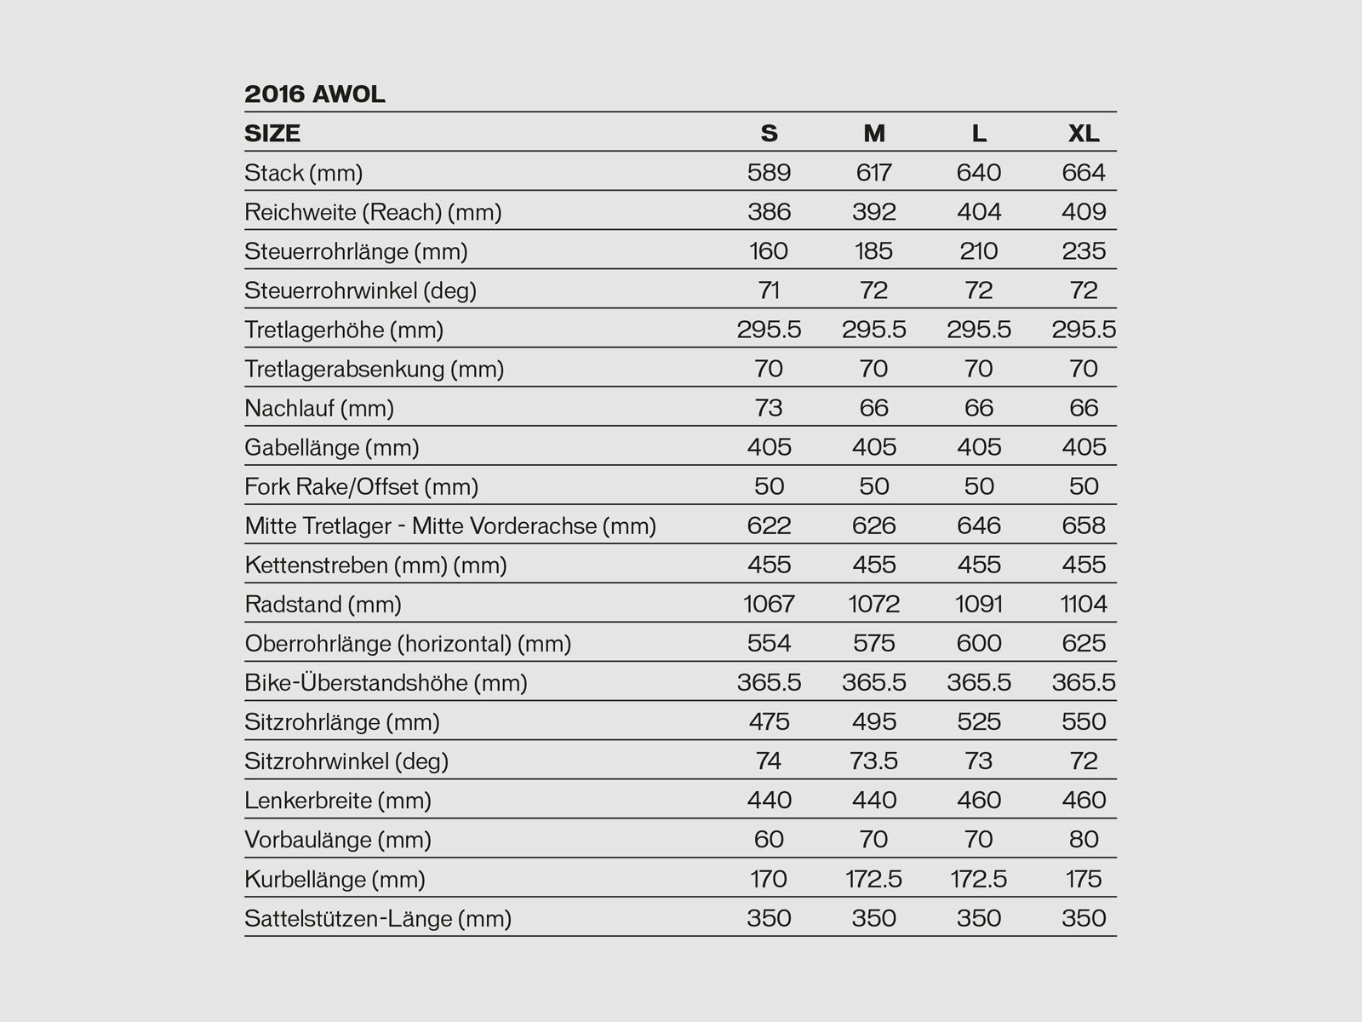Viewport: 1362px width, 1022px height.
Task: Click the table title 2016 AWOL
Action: [315, 94]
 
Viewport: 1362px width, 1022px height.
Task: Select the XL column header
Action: [1084, 133]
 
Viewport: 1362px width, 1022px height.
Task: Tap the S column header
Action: [769, 133]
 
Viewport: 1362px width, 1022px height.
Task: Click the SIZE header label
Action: [272, 133]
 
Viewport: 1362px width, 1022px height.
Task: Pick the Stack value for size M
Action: [874, 173]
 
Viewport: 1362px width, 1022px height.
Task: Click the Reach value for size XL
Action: [1084, 212]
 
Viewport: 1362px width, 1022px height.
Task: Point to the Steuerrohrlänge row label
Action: [356, 251]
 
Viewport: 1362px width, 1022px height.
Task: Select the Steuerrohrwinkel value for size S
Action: [769, 290]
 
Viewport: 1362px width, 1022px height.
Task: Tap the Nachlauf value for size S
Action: [769, 408]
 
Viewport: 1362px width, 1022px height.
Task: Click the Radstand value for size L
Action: [979, 604]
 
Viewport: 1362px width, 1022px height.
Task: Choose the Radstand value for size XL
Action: [1084, 604]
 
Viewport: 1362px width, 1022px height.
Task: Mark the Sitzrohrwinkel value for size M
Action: [874, 761]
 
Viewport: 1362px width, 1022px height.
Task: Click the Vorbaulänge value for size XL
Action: [1084, 839]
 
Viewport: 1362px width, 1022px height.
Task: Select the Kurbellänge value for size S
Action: [769, 878]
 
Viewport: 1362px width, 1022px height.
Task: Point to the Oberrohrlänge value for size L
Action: [979, 643]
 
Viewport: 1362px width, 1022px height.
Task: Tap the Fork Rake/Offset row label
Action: [361, 486]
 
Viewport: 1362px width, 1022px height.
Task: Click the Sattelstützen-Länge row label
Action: [378, 918]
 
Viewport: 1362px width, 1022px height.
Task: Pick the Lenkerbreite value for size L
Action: [979, 800]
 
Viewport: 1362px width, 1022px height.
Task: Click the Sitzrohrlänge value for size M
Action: [874, 721]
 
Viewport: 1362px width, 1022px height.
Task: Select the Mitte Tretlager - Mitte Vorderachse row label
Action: [450, 525]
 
